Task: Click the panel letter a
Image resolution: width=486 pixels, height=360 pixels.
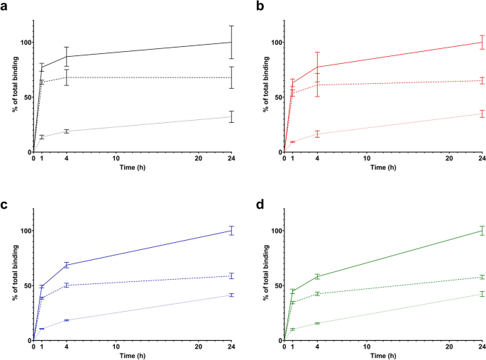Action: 5,6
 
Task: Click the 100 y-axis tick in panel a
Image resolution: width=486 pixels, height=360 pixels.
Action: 25,43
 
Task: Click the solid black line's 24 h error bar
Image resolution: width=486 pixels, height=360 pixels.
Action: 231,43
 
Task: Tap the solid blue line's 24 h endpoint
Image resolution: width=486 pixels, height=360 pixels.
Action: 231,231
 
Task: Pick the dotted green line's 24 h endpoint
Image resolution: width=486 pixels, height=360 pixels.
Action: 482,294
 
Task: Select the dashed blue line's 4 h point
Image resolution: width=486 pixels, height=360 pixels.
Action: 67,285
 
